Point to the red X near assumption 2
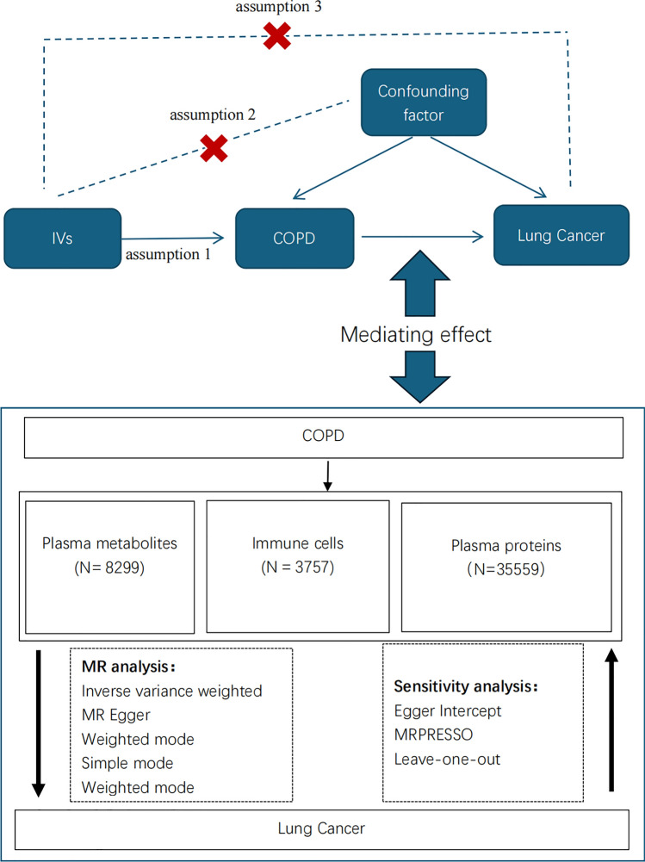tap(215, 146)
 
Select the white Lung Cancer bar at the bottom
tap(321, 828)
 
